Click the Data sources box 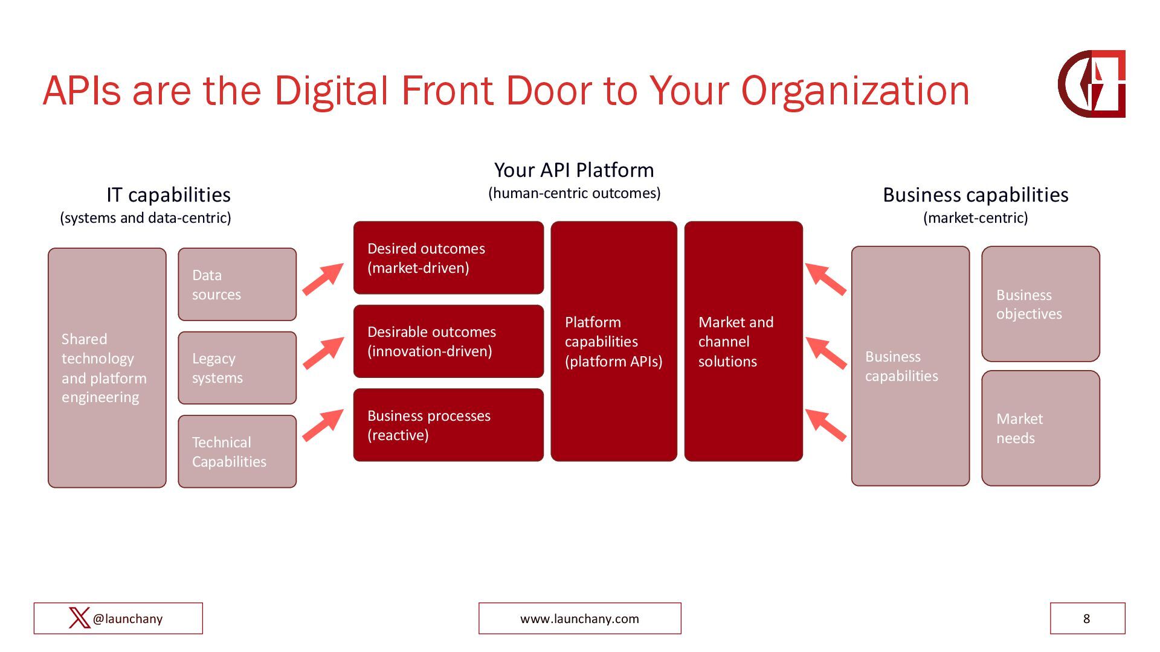coord(237,284)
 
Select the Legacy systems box coord(237,368)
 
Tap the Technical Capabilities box coord(237,452)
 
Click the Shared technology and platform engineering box coord(107,368)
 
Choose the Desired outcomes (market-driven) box coord(448,258)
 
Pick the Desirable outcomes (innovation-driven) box coord(448,341)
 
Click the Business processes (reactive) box coord(448,425)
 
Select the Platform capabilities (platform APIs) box coord(614,341)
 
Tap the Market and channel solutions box coord(743,341)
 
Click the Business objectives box coord(1040,304)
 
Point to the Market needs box coord(1040,428)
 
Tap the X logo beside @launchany coord(79,618)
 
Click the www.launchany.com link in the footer coord(579,619)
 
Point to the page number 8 coord(1087,619)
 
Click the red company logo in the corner coord(1092,84)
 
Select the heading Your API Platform coord(574,170)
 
